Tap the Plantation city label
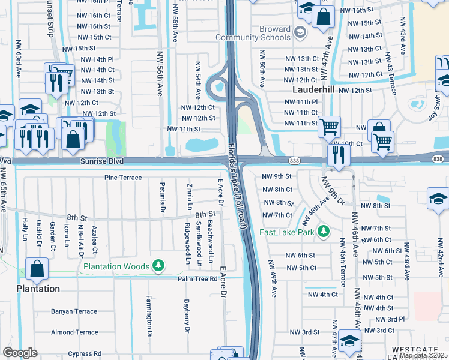[37, 289]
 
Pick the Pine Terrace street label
[122, 178]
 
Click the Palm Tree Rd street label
[197, 279]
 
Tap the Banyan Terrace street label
[74, 311]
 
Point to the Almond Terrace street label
[74, 332]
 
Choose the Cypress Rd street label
[84, 353]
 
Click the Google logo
[20, 353]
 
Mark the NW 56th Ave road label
[160, 81]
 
